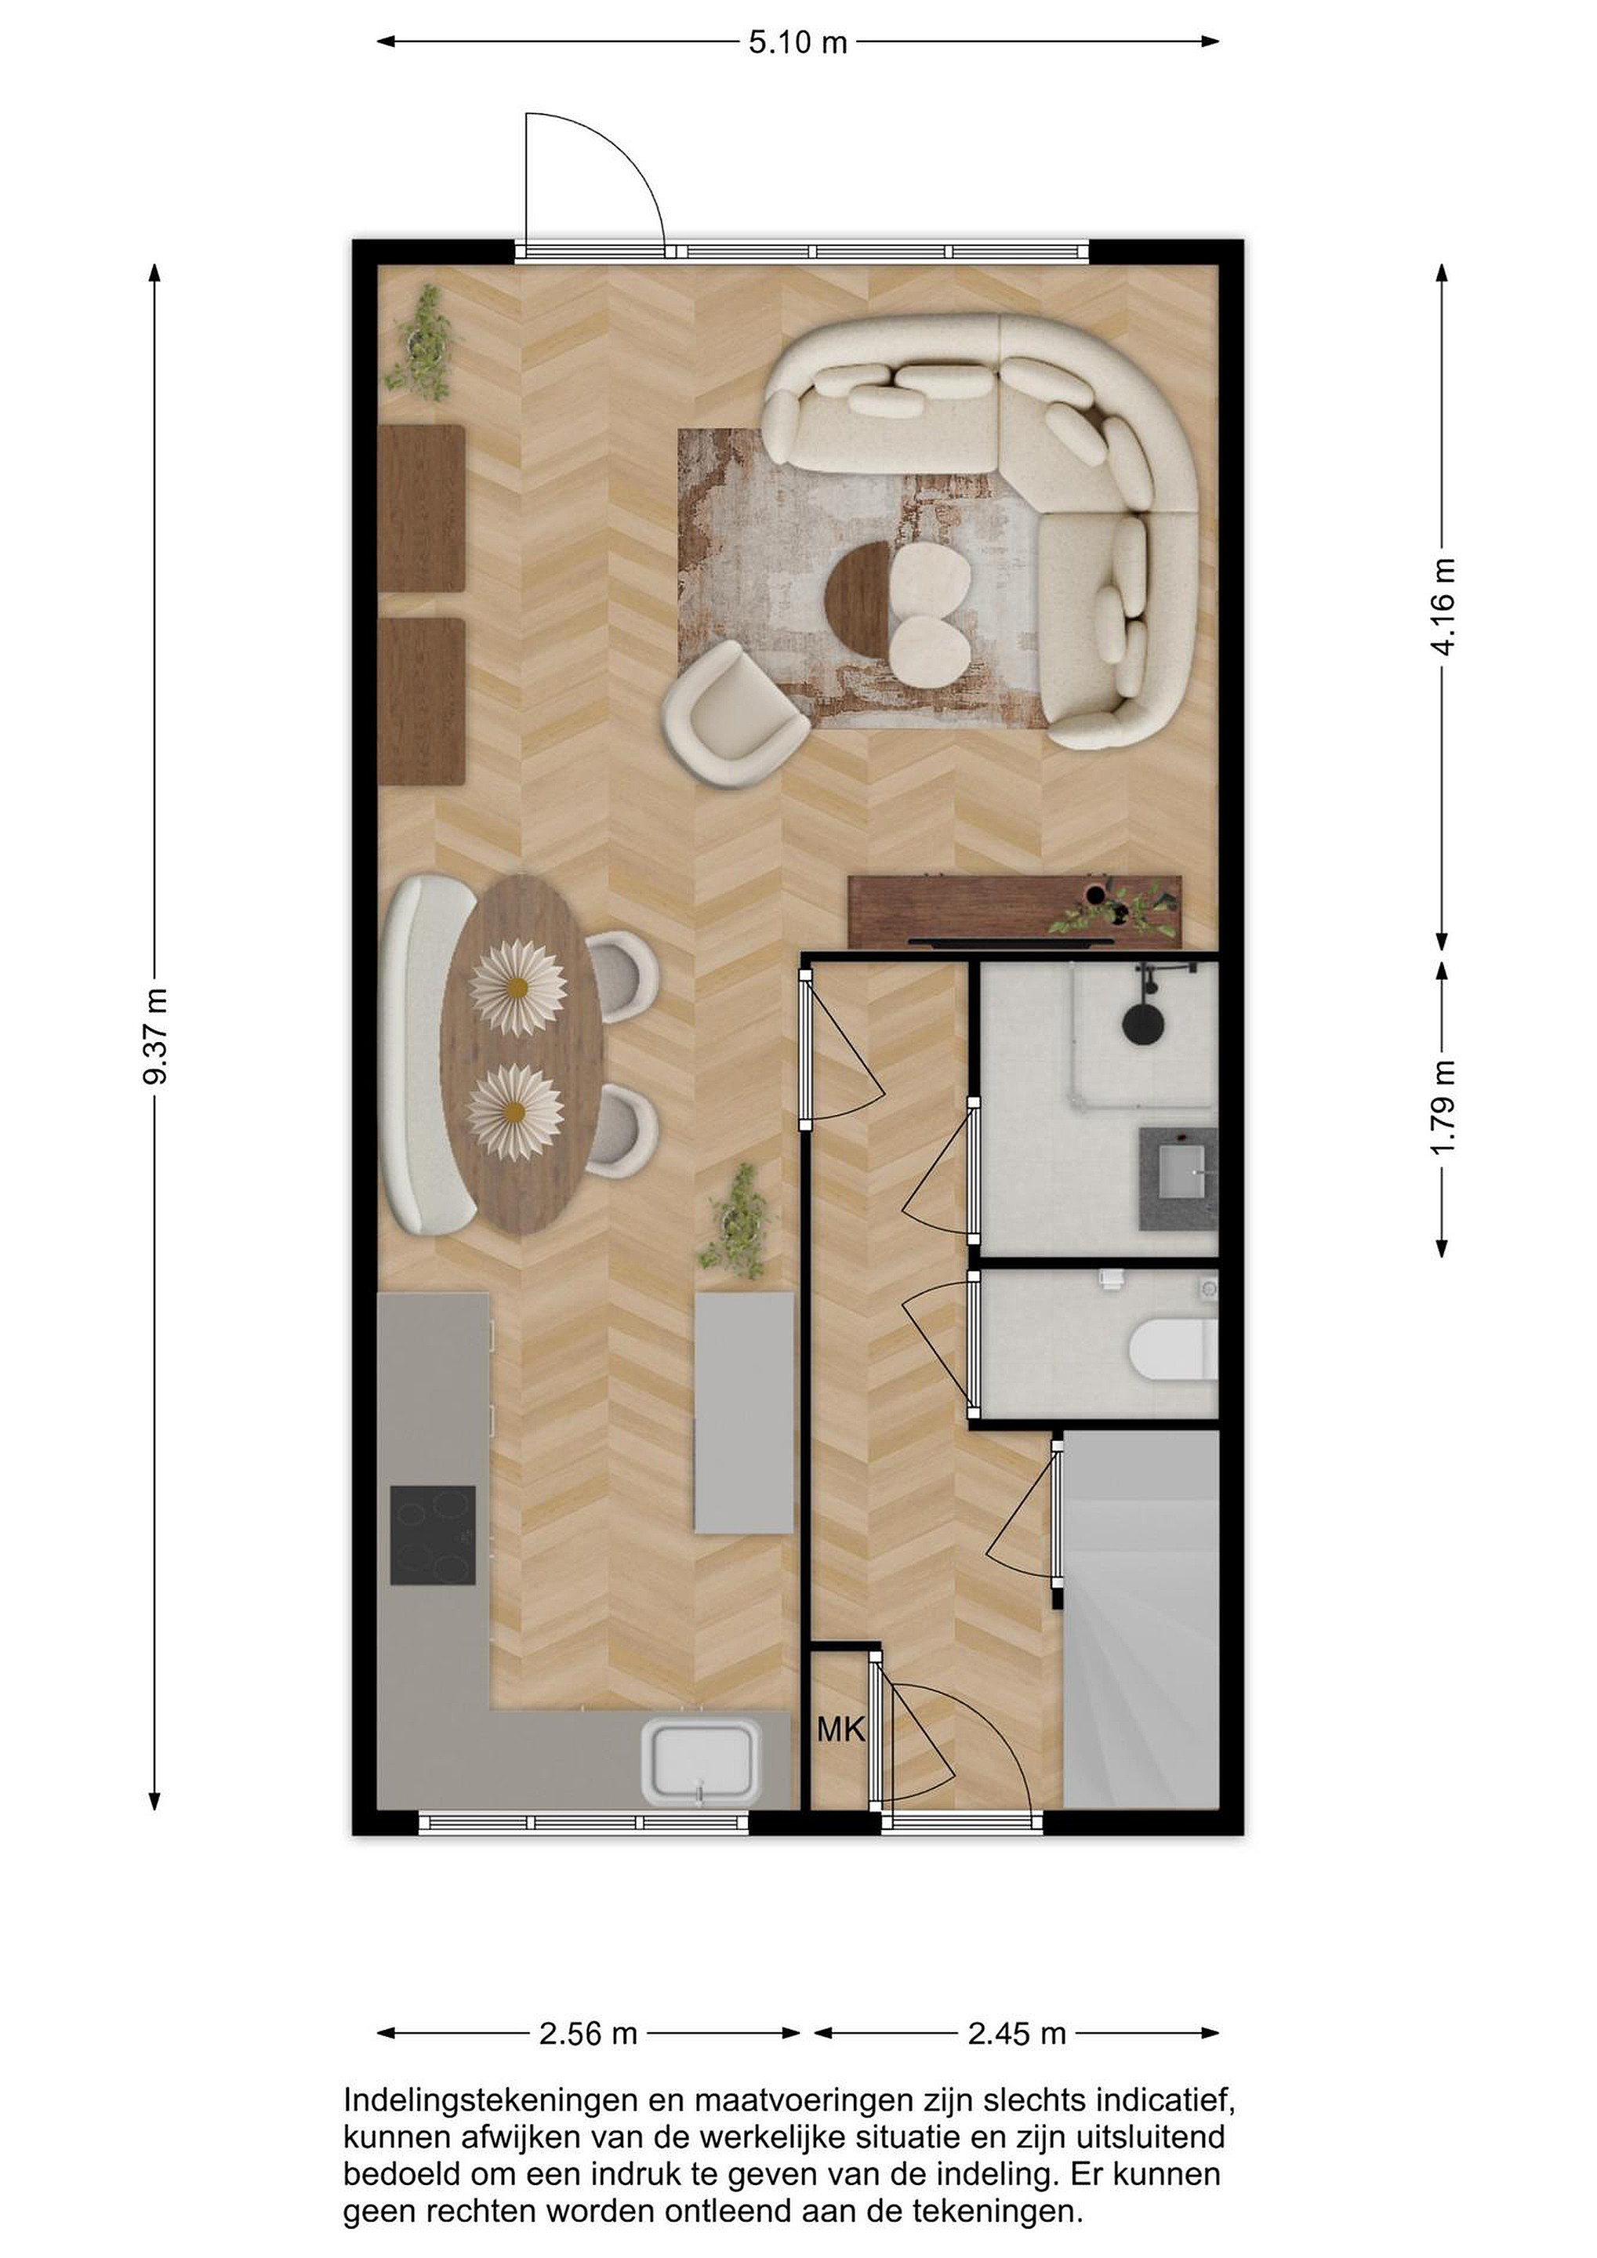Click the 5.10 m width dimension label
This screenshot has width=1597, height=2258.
pyautogui.click(x=797, y=42)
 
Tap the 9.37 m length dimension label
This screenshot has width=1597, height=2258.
pyautogui.click(x=155, y=1036)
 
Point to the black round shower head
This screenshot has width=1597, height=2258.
pyautogui.click(x=1144, y=1021)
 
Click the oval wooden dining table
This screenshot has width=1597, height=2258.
pyautogui.click(x=521, y=1055)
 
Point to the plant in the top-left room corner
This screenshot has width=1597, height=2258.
pyautogui.click(x=424, y=343)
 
